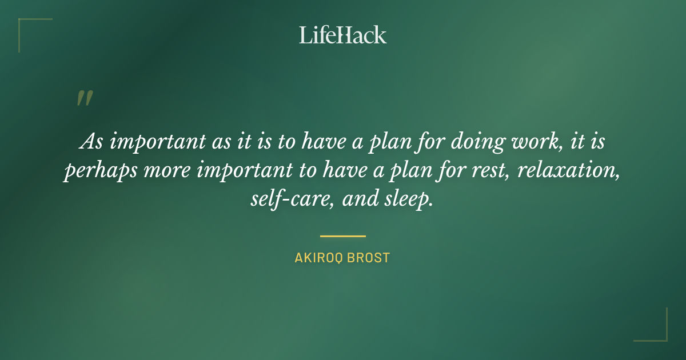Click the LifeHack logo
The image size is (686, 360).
(343, 35)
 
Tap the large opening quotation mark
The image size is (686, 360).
(84, 98)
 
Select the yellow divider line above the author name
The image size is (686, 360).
(343, 235)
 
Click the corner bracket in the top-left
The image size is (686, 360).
(29, 27)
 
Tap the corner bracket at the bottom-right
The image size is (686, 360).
(657, 331)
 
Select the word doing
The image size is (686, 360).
(476, 141)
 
